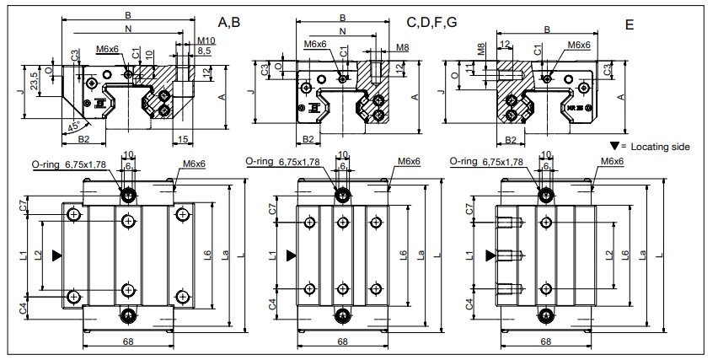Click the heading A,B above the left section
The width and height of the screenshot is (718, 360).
(x=228, y=22)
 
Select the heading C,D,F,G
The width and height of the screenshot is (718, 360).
(x=432, y=21)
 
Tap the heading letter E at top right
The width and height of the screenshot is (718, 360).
(x=629, y=25)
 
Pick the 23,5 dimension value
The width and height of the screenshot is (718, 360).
(x=34, y=83)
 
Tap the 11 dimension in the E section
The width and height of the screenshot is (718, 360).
(x=469, y=68)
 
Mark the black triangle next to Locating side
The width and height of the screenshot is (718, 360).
(x=614, y=146)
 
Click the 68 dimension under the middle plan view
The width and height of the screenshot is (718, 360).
(x=343, y=341)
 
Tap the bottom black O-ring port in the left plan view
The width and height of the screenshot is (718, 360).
(x=128, y=315)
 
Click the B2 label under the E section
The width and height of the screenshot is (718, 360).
(x=510, y=140)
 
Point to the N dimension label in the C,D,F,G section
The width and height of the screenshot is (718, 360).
(x=341, y=32)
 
